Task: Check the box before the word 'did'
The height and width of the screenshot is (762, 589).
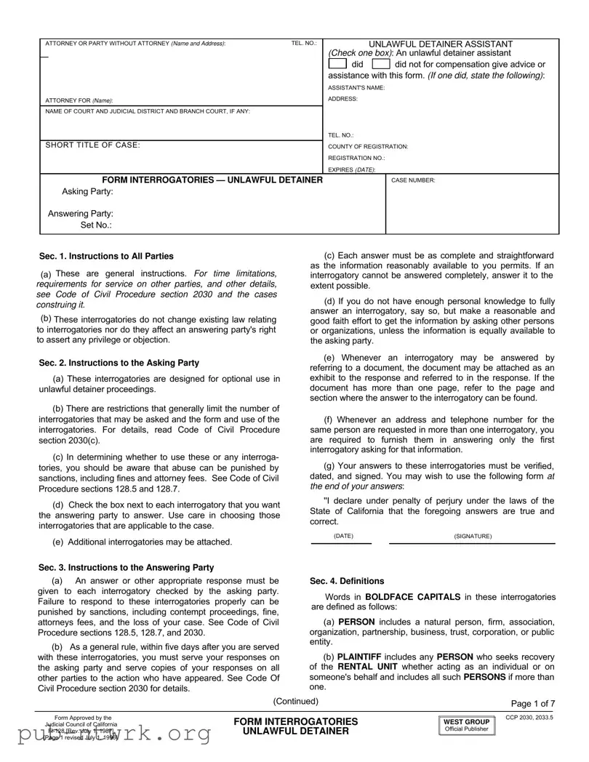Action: click(x=338, y=64)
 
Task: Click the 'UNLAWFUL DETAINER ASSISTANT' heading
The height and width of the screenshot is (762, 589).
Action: click(x=441, y=44)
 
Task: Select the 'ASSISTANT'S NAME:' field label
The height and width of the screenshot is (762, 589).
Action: click(x=356, y=88)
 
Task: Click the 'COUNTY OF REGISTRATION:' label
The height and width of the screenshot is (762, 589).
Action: click(x=368, y=146)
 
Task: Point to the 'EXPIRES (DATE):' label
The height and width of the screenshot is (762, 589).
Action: click(x=352, y=169)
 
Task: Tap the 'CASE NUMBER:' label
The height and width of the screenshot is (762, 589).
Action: click(x=413, y=180)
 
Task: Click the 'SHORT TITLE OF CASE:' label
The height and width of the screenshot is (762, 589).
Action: click(x=92, y=145)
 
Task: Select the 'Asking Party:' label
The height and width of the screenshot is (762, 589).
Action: click(x=87, y=191)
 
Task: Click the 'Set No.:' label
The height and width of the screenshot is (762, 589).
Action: click(x=96, y=225)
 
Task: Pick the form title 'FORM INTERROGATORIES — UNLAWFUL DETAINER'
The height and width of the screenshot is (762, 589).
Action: click(x=212, y=180)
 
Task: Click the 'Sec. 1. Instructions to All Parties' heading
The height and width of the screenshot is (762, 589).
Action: click(x=106, y=256)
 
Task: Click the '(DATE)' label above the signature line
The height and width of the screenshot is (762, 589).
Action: click(x=343, y=536)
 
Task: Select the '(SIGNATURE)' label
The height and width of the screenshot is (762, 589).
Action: click(x=473, y=536)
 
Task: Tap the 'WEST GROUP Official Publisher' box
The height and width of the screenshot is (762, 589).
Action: click(x=467, y=725)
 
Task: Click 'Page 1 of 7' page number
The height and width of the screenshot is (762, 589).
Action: click(x=533, y=703)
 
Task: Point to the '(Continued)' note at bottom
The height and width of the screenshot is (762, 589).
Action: click(x=295, y=701)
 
